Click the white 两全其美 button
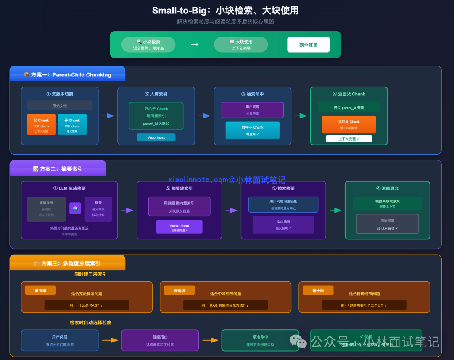point(308,45)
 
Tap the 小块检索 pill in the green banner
point(148,45)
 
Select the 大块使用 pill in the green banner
point(241,45)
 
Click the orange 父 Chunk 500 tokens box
point(41,124)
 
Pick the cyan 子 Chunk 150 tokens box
point(72,124)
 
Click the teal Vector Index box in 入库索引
point(156,137)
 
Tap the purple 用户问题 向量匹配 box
point(253,110)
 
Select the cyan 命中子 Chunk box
point(253,130)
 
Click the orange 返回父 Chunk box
point(349,124)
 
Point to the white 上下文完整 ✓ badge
point(349,139)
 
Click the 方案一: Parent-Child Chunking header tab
point(68,74)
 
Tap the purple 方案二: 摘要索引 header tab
point(58,169)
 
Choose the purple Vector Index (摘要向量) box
point(179,227)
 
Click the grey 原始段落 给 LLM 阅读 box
point(387,223)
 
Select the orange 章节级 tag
point(40,290)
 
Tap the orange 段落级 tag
point(179,290)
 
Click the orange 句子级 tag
point(318,290)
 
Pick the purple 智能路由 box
point(160,340)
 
